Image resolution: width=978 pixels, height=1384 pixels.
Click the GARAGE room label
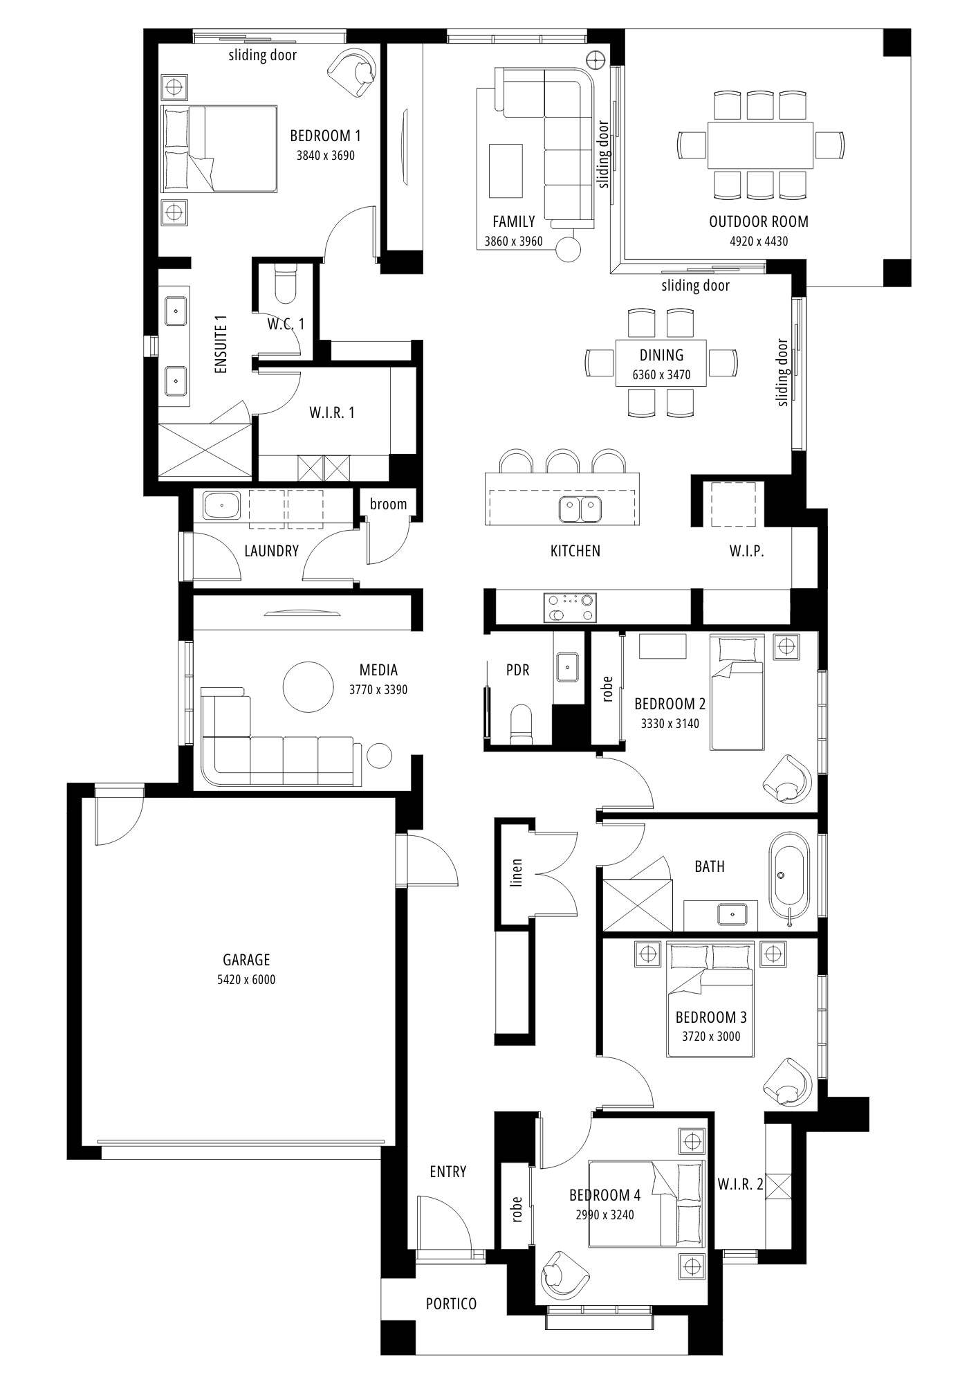(246, 960)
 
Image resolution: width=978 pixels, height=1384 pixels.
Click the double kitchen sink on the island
(580, 509)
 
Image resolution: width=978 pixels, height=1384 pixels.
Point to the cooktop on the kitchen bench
(570, 607)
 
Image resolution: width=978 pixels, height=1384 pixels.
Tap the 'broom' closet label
(388, 504)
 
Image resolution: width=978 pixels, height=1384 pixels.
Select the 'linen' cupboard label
(516, 873)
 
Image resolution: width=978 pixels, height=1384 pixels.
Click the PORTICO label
(451, 1304)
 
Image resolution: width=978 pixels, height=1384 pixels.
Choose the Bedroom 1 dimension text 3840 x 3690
(326, 156)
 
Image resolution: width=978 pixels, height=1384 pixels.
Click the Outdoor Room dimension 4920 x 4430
(759, 242)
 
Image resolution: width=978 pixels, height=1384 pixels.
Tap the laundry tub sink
(221, 505)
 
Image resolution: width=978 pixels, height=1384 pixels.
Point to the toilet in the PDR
(520, 725)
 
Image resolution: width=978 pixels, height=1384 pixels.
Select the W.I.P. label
(746, 552)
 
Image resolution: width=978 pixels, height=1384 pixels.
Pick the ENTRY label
(448, 1172)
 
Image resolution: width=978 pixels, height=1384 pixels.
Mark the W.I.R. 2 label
(740, 1184)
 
